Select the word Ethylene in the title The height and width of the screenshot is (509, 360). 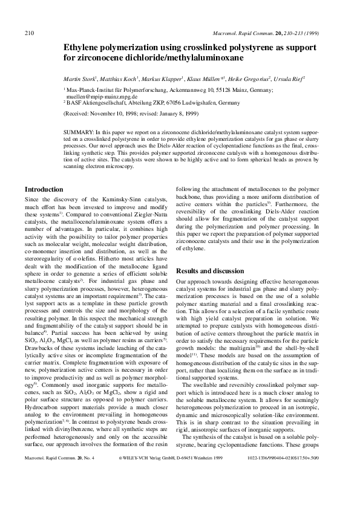[83, 47]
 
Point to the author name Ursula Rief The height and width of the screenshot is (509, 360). [287, 79]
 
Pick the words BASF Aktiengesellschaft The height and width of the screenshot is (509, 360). [97, 103]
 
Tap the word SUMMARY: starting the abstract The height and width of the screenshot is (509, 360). [78, 131]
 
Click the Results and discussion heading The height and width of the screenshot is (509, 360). [209, 271]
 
